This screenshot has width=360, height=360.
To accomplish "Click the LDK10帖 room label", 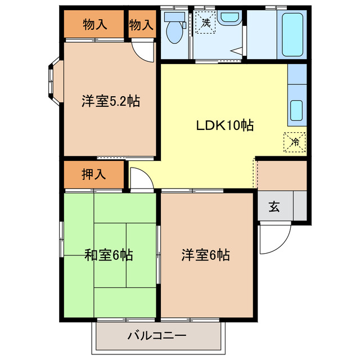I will (x=224, y=125).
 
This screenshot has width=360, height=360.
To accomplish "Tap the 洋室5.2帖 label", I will (x=110, y=102).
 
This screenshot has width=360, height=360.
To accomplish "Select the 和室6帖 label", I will (x=109, y=255).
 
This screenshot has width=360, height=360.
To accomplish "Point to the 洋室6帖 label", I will (x=205, y=255).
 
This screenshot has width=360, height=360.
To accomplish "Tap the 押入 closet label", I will (x=93, y=174).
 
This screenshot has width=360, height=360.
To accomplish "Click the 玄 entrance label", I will (x=274, y=207).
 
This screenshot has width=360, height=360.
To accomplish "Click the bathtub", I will (x=293, y=34).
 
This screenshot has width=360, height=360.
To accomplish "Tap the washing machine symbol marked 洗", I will (x=206, y=24).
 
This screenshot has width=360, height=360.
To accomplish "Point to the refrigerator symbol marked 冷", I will (x=294, y=142).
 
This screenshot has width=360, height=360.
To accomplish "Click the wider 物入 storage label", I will (x=95, y=25).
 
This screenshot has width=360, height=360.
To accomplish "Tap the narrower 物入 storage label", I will (x=141, y=25).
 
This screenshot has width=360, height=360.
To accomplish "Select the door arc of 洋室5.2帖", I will (x=145, y=52).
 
